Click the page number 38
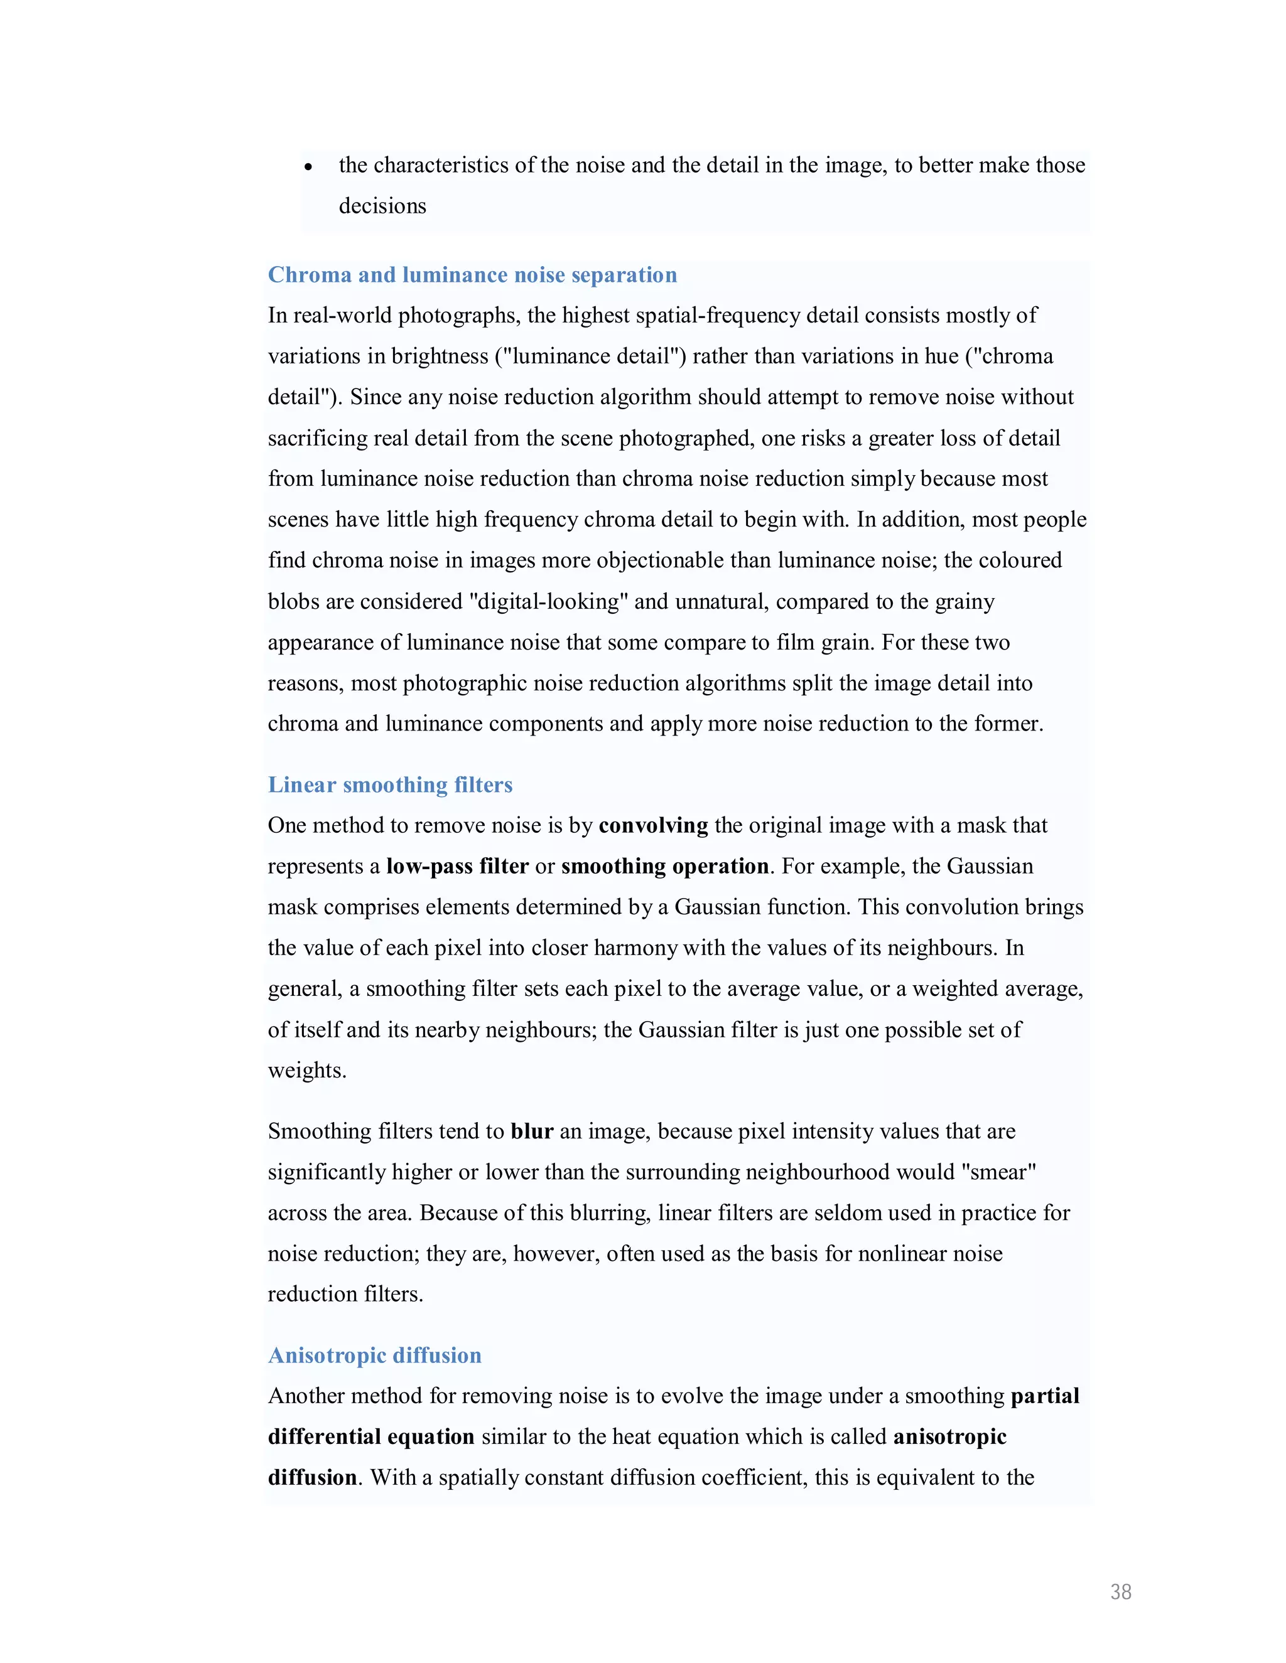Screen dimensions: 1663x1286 tap(1120, 1591)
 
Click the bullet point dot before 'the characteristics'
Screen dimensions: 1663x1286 tap(308, 167)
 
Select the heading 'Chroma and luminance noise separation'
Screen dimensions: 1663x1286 tap(472, 275)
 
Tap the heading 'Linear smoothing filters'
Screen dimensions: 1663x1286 tap(390, 784)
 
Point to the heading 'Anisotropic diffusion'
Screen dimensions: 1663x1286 tap(375, 1355)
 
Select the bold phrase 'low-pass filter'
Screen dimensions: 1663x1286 tap(457, 867)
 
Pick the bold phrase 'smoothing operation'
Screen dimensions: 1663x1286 tap(664, 867)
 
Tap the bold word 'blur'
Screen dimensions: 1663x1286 tap(532, 1131)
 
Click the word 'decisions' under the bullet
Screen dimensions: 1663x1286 tap(382, 206)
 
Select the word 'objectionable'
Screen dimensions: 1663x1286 tap(660, 560)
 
